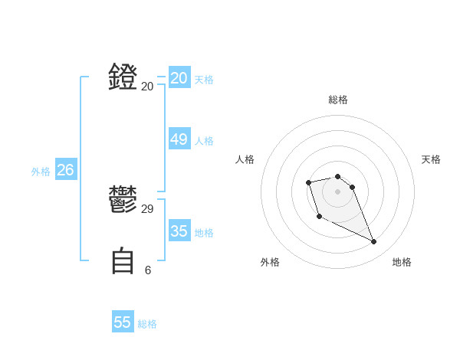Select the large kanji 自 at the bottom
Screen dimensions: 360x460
[x=123, y=260]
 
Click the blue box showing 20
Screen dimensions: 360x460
[x=179, y=77]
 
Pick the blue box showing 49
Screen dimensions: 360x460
[x=179, y=139]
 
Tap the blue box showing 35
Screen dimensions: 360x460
[x=179, y=231]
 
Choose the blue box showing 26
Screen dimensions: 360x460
[x=66, y=170]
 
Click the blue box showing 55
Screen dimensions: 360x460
[x=123, y=322]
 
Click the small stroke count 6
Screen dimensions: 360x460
[x=148, y=270]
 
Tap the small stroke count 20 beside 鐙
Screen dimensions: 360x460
[x=147, y=87]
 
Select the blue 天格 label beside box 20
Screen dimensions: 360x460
[x=204, y=80]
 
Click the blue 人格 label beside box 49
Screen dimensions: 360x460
[x=204, y=141]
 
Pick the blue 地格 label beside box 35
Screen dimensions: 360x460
[x=204, y=233]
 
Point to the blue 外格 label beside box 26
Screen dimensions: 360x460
[x=41, y=172]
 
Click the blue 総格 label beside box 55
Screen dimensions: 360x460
[x=147, y=325]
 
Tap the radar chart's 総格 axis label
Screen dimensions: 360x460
[x=338, y=100]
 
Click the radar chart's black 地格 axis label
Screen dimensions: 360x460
[x=402, y=262]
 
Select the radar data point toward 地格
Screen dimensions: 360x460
[x=374, y=242]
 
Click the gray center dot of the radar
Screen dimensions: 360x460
[x=338, y=191]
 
